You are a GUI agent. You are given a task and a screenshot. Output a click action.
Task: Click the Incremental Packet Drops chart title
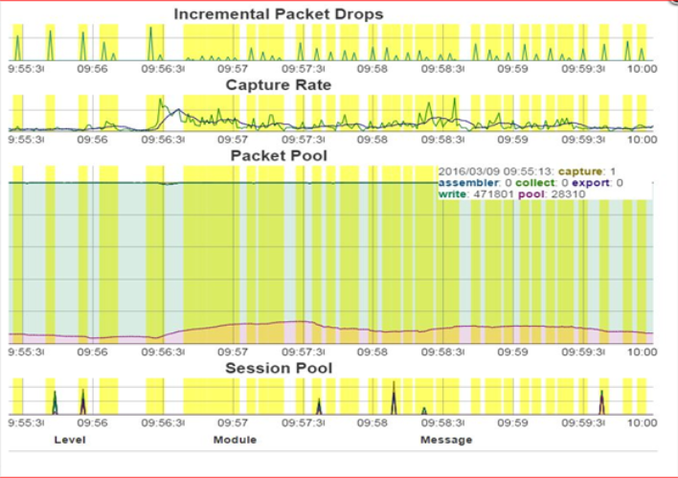coord(279,14)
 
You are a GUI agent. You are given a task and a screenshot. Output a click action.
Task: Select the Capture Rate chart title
coord(279,85)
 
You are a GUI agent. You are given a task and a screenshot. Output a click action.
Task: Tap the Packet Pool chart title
coord(279,155)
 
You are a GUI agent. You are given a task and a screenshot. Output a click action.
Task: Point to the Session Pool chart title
coord(279,368)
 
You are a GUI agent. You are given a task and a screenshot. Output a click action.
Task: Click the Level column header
coord(69,440)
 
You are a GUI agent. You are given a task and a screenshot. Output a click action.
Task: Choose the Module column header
coord(235,440)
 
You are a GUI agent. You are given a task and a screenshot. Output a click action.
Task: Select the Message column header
coord(446,440)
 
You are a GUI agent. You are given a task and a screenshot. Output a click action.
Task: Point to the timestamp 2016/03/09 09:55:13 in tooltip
coord(494,171)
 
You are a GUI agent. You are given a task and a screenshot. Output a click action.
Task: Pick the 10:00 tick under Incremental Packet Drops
coord(641,69)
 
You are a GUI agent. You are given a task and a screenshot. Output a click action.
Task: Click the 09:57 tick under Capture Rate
coord(233,139)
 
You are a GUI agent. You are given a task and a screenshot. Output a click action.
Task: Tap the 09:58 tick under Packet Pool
coord(372,352)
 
